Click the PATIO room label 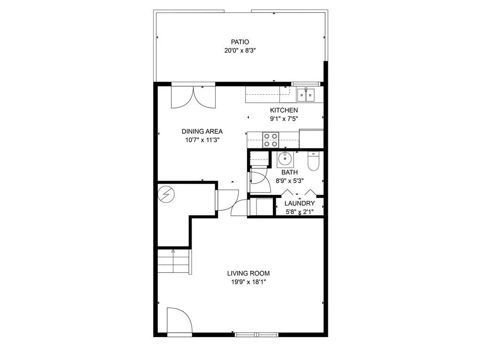240,42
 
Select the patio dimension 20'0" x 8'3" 240,50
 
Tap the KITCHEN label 284,110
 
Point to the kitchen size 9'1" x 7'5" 284,119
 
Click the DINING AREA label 202,131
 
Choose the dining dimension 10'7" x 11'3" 202,140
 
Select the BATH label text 289,172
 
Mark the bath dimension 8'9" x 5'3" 289,181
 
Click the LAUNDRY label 300,203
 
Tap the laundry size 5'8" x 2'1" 300,212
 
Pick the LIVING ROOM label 248,273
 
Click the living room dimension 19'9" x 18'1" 248,282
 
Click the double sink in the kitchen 306,95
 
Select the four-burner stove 270,140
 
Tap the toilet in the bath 313,161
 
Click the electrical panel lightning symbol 166,193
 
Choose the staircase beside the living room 173,262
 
